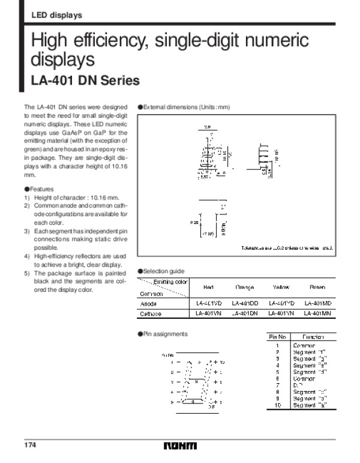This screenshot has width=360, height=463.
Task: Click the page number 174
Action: (x=30, y=446)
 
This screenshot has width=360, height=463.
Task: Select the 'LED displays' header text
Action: (x=56, y=15)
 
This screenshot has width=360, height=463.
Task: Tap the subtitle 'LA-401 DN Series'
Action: (x=85, y=80)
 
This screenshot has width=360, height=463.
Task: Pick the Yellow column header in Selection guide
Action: (x=281, y=288)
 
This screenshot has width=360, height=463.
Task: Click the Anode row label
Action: (x=148, y=304)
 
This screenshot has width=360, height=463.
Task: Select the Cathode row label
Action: (x=151, y=313)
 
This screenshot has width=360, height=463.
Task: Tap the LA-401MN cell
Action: (x=317, y=313)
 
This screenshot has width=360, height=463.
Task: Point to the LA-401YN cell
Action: (x=281, y=313)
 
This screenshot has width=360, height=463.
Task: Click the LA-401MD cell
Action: (x=317, y=304)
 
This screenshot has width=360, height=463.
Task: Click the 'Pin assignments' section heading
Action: (x=165, y=334)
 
